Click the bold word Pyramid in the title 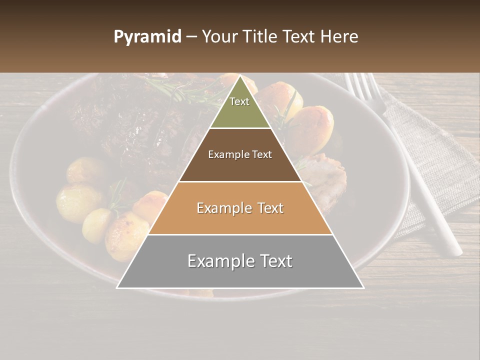(147, 37)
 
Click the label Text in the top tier (239, 101)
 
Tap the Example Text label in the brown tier (240, 154)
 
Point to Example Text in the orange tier (240, 208)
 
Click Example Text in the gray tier (240, 261)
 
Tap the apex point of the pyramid (240, 76)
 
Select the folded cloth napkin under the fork (440, 165)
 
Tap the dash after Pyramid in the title (191, 37)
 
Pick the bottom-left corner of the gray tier (117, 287)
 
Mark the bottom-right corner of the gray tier (363, 287)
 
